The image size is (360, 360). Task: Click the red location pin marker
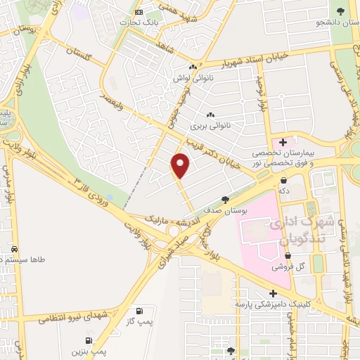181,165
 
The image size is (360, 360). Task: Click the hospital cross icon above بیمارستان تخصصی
283,142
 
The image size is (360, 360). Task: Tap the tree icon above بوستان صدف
225,200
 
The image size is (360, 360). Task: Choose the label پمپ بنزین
89,349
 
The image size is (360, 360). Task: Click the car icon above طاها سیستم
14,250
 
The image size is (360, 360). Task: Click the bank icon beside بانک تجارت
139,13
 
